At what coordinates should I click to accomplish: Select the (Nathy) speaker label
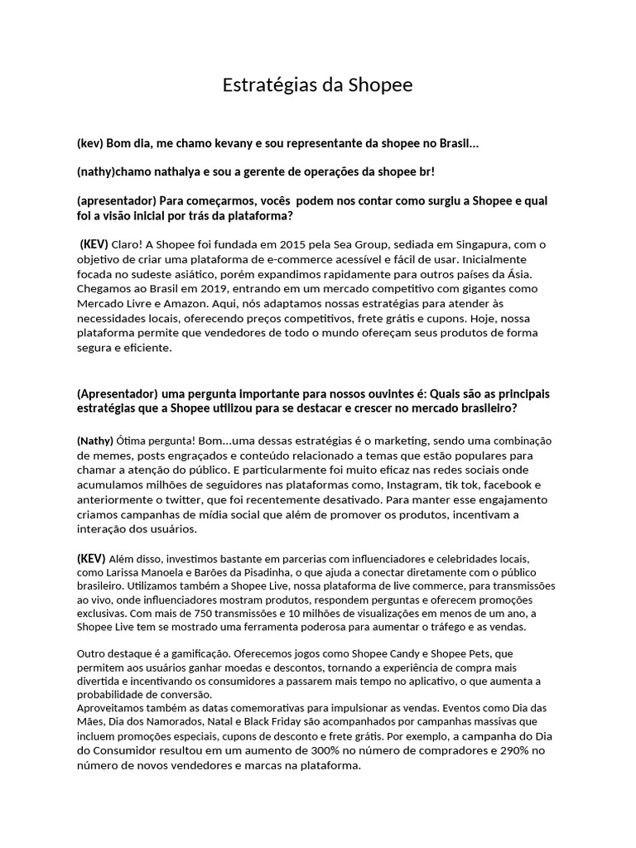click(x=94, y=440)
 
